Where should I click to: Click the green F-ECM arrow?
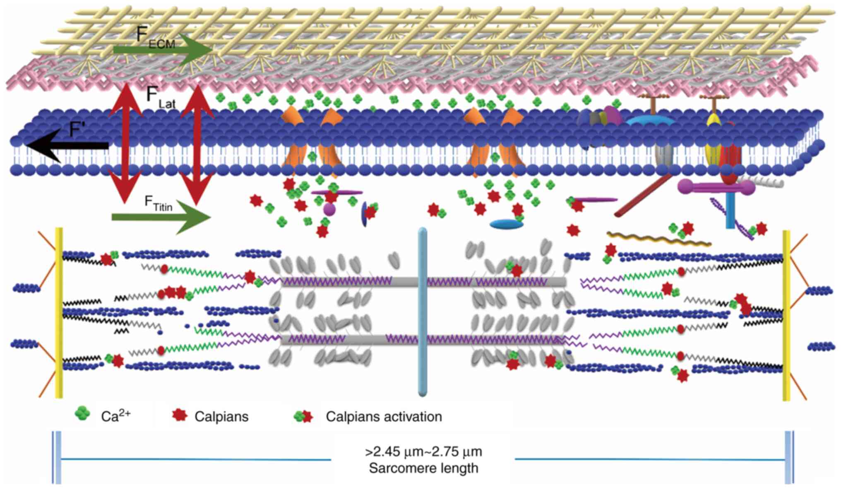(x=166, y=50)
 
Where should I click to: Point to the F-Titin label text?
(x=158, y=203)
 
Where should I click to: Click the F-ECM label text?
(x=156, y=38)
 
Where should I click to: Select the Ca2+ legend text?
(x=115, y=415)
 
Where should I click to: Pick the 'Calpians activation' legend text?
(x=384, y=416)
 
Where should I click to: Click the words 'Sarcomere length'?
(x=423, y=468)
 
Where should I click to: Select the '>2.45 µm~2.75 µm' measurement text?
(x=423, y=451)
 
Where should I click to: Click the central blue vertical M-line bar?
(x=422, y=311)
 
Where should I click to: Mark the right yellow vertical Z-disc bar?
(x=786, y=315)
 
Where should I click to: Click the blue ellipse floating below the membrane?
(x=506, y=224)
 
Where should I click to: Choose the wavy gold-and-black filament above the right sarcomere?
(x=658, y=239)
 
